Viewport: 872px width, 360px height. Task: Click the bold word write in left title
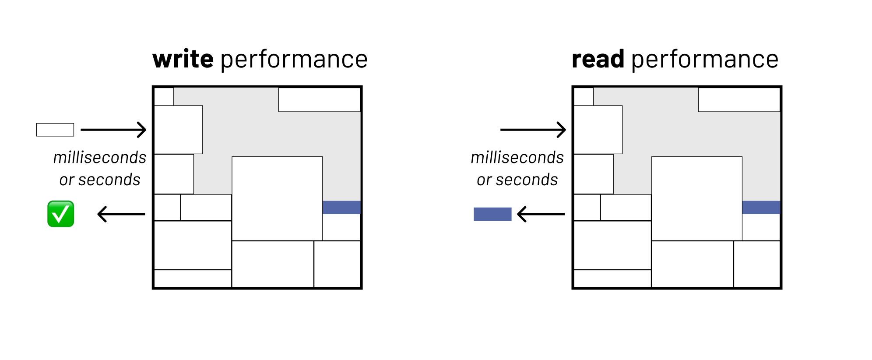point(183,60)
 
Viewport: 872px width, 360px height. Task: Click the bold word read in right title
point(598,60)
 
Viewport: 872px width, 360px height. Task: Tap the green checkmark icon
point(60,214)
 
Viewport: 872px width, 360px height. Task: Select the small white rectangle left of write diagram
point(55,130)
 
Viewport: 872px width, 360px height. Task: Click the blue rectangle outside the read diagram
point(492,214)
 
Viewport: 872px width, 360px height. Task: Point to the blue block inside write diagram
point(341,208)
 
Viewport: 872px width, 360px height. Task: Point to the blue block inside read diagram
point(761,208)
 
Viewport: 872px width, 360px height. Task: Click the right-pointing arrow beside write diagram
point(113,130)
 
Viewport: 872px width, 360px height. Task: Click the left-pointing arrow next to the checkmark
point(121,214)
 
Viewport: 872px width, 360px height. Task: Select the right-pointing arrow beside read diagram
point(533,130)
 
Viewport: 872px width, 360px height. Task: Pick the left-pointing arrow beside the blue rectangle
point(541,214)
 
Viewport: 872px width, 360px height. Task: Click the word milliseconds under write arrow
point(100,158)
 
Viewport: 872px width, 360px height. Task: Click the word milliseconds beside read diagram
point(517,158)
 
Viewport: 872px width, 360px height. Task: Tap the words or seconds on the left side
point(100,180)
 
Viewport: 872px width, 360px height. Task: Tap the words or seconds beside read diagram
point(517,180)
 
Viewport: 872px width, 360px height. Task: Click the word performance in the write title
point(294,60)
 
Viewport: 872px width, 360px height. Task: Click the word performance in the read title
point(705,60)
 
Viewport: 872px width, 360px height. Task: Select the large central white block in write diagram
point(277,198)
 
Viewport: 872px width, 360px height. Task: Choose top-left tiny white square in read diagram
point(584,96)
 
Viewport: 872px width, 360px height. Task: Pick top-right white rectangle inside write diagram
point(319,100)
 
